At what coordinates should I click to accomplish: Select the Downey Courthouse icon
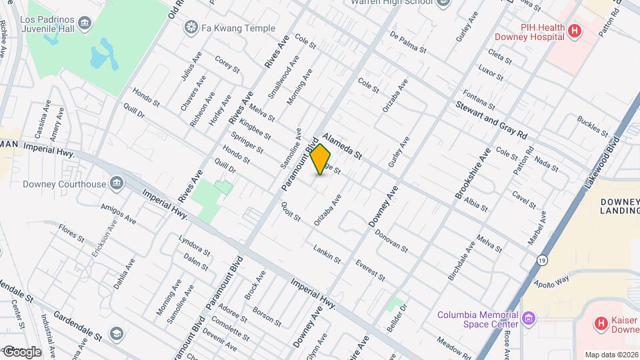[117, 183]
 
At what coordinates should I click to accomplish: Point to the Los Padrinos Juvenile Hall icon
[85, 25]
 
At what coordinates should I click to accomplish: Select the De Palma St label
[407, 42]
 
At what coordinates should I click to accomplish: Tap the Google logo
[21, 351]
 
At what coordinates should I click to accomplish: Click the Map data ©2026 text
[611, 355]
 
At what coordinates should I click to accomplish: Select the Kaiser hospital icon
[601, 324]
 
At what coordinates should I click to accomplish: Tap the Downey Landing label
[619, 207]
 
